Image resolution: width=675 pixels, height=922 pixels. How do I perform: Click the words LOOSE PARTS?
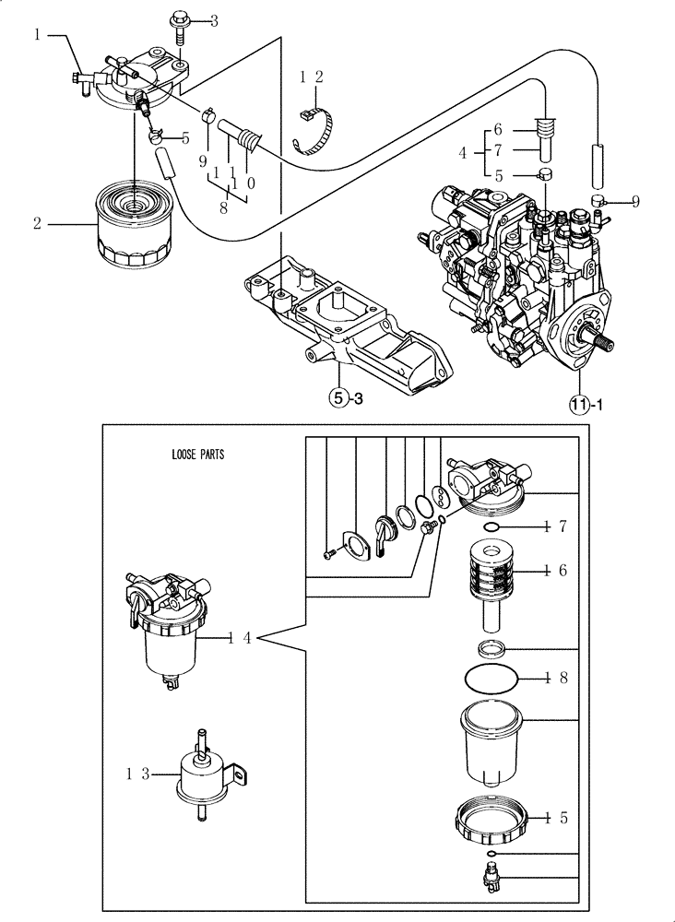[x=197, y=455]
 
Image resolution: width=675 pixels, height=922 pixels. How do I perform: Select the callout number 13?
[x=136, y=774]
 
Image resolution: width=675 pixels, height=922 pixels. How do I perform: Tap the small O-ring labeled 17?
[x=493, y=526]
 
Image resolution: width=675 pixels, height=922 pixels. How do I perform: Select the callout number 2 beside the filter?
[x=38, y=223]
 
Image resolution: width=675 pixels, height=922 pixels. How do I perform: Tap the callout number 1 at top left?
[x=38, y=34]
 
